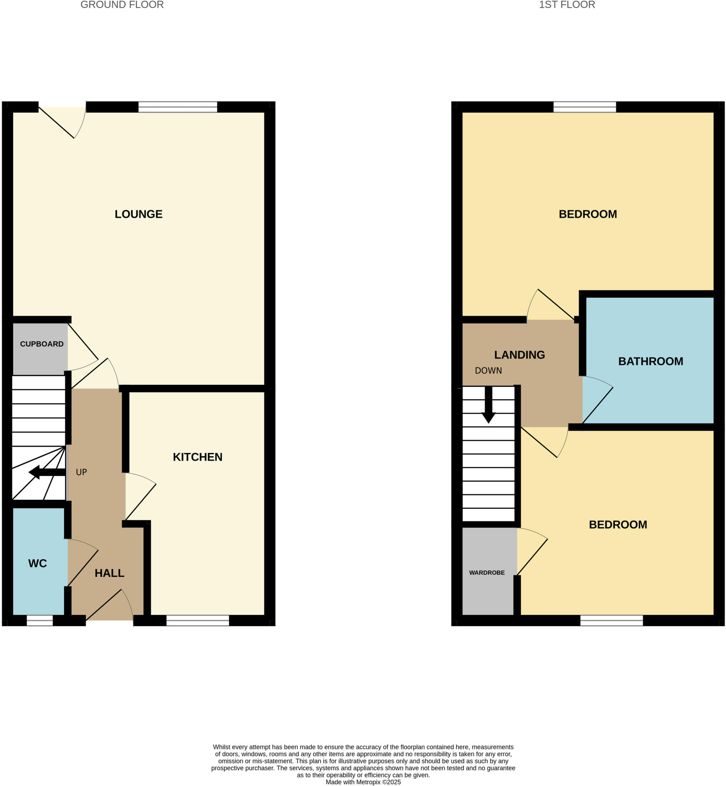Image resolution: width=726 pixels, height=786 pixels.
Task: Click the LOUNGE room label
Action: coord(138,214)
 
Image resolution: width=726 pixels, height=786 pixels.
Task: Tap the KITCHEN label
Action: coord(198,457)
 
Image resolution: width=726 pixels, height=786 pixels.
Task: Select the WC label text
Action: coord(38,563)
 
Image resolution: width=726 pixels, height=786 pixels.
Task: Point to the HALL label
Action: coord(109,573)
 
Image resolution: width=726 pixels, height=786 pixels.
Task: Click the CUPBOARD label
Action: coord(41,344)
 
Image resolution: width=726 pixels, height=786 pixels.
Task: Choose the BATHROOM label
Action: coord(651,362)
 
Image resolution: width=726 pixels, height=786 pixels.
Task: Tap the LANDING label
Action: coord(519,355)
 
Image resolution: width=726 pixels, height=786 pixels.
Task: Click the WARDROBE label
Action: coord(487,573)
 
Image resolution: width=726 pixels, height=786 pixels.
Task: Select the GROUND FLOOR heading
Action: coord(122,5)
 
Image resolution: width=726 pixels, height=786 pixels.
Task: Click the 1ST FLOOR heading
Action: coord(567,5)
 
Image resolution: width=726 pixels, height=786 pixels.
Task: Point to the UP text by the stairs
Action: coord(81,472)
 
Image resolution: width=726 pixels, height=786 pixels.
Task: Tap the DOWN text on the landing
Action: coord(488,370)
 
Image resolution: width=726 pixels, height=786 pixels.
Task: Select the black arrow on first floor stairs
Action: coord(489,405)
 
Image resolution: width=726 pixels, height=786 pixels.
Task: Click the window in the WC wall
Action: coord(40,620)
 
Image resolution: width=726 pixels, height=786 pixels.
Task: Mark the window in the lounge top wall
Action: coord(178,107)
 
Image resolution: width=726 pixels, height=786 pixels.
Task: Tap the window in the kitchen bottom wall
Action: coord(198,620)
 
